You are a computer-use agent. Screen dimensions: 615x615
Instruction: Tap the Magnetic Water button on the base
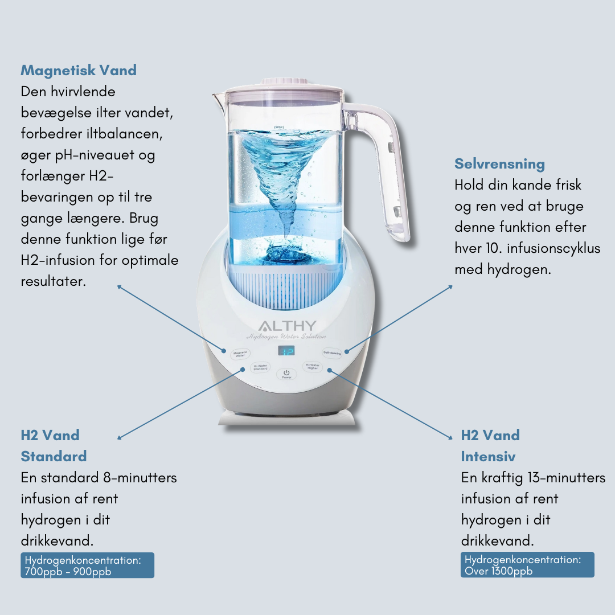coord(240,354)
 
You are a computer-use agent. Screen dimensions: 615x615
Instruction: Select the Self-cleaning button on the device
coord(332,353)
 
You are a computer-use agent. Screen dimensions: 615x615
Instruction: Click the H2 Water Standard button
coord(260,367)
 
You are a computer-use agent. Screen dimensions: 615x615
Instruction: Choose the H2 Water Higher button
coord(313,367)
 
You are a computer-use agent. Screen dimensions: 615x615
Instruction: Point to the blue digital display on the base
coord(286,351)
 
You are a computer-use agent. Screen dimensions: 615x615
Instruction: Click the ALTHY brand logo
coord(286,326)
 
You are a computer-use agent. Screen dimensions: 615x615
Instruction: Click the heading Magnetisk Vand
coord(79,71)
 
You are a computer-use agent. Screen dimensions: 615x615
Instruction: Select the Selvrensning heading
coord(499,164)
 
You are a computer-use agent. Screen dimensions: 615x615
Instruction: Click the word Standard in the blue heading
coord(54,457)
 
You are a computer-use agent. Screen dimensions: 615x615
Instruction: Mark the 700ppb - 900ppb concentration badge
coord(87,565)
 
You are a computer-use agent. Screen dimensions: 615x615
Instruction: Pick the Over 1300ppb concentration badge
coord(527,565)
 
